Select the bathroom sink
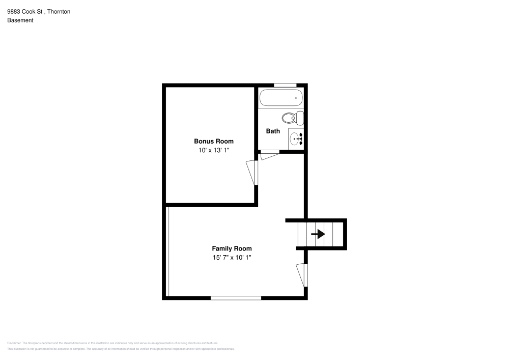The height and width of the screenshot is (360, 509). pos(297,137)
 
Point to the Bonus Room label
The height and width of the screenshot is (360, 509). pos(214,141)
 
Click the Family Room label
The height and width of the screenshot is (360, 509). pos(232,248)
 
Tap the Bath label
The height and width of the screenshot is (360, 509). pos(273,131)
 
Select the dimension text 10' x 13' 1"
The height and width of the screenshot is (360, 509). pos(214,150)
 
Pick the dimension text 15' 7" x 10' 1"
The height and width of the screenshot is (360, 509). pos(232,258)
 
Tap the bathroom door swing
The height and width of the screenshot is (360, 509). pos(270,155)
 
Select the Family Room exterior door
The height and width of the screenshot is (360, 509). pos(302,275)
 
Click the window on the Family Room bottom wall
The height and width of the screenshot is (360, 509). pos(236,298)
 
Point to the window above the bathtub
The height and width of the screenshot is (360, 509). pos(285,85)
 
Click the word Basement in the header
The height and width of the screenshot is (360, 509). pos(20,20)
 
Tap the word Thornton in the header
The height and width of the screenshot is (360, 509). pos(59,11)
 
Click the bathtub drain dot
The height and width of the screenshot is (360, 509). pos(296,97)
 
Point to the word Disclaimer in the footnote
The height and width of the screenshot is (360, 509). pos(14,343)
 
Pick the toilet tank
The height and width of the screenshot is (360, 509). pos(300,118)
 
